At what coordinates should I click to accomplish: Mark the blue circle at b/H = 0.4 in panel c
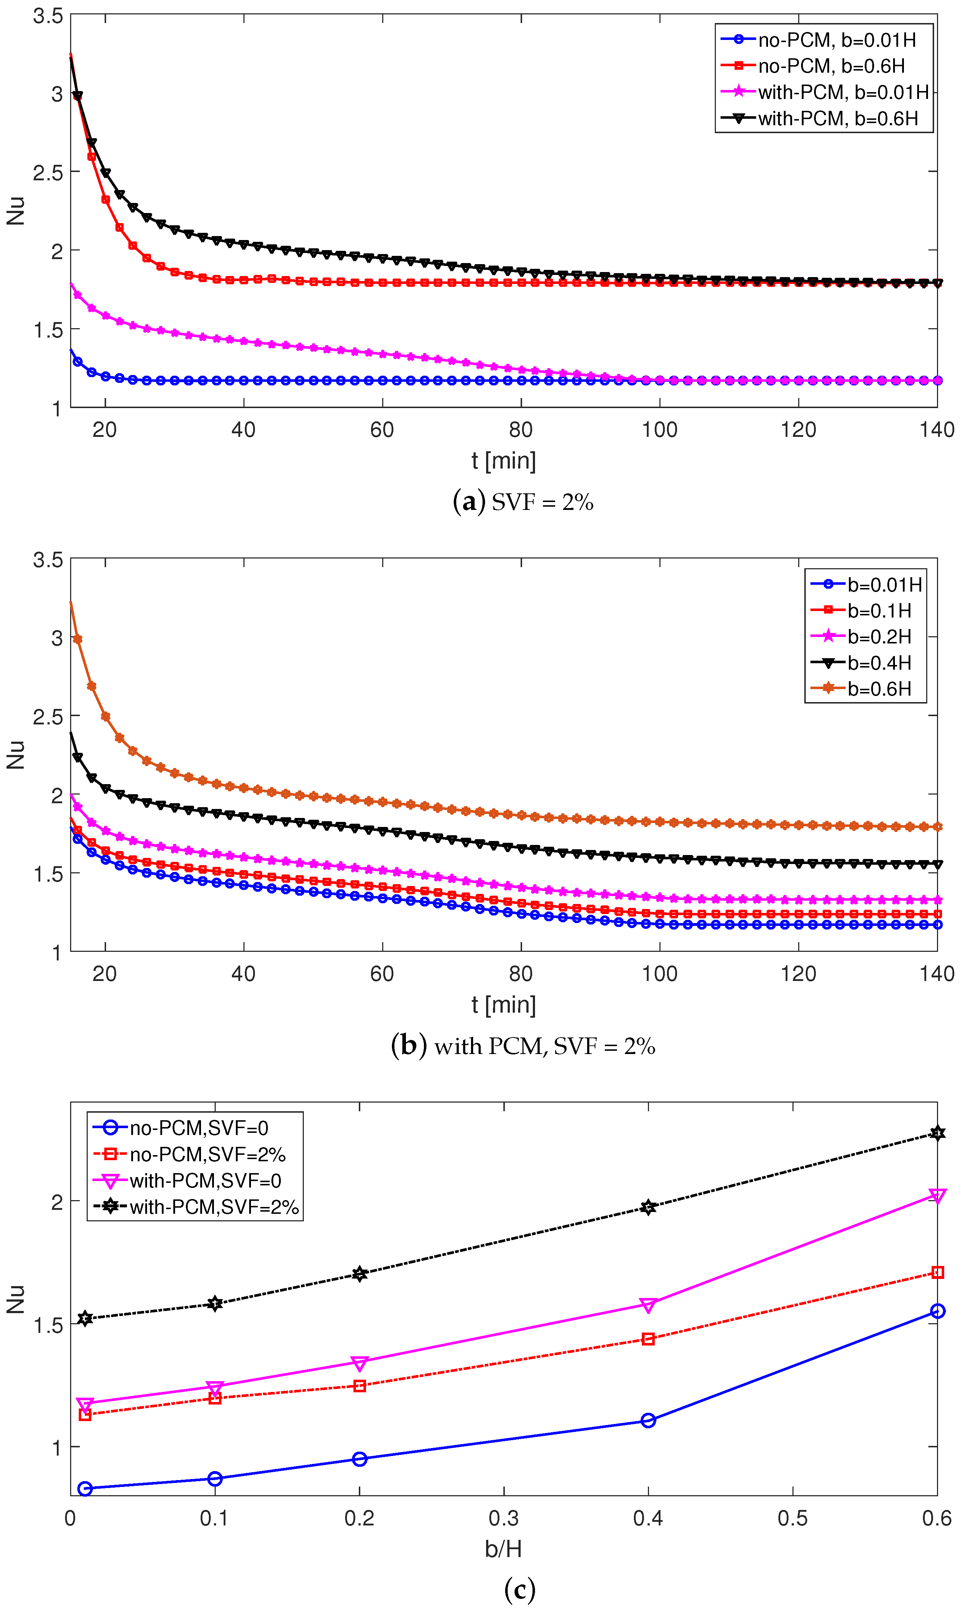tap(648, 1421)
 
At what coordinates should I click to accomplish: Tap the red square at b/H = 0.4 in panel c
tap(648, 1339)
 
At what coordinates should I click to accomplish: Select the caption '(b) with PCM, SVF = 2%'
tap(523, 1046)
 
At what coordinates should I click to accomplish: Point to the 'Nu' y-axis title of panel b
tap(15, 755)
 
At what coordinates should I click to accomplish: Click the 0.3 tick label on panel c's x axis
tap(503, 1518)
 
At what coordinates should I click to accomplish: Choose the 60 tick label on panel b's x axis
tap(382, 974)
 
